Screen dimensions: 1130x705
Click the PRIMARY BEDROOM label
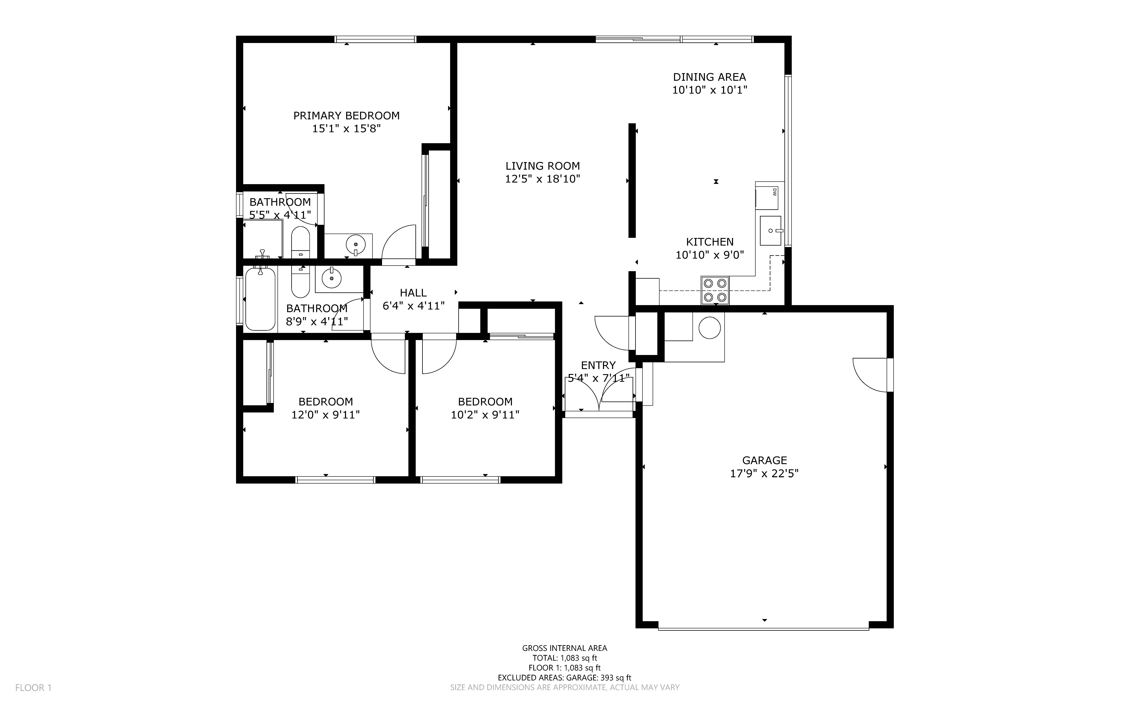[x=346, y=116]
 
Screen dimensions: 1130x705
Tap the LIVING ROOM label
[x=542, y=166]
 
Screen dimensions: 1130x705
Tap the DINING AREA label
[x=709, y=77]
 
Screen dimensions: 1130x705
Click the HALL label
[x=413, y=293]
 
